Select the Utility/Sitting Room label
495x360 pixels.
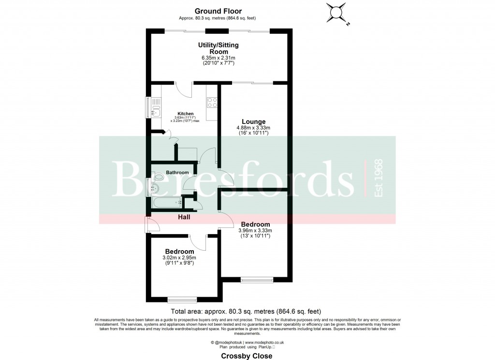pyautogui.click(x=218, y=48)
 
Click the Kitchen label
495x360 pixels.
pyautogui.click(x=185, y=114)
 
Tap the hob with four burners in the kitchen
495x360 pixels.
pyautogui.click(x=212, y=102)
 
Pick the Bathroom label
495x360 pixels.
pyautogui.click(x=177, y=172)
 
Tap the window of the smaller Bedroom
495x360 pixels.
pyautogui.click(x=182, y=299)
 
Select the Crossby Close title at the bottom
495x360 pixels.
pyautogui.click(x=247, y=356)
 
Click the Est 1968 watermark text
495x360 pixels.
pyautogui.click(x=379, y=178)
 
